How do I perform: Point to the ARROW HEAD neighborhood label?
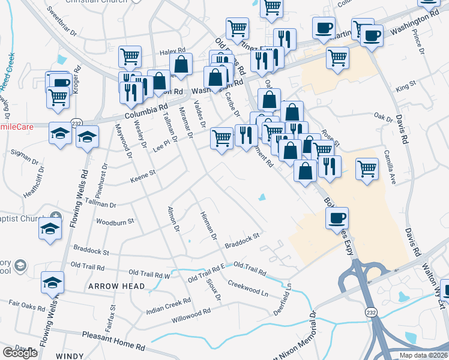tap(116, 286)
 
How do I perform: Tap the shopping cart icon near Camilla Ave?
tap(367, 169)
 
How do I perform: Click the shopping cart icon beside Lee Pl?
tap(221, 138)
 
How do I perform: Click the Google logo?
tap(20, 353)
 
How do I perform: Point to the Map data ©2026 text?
tap(423, 355)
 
